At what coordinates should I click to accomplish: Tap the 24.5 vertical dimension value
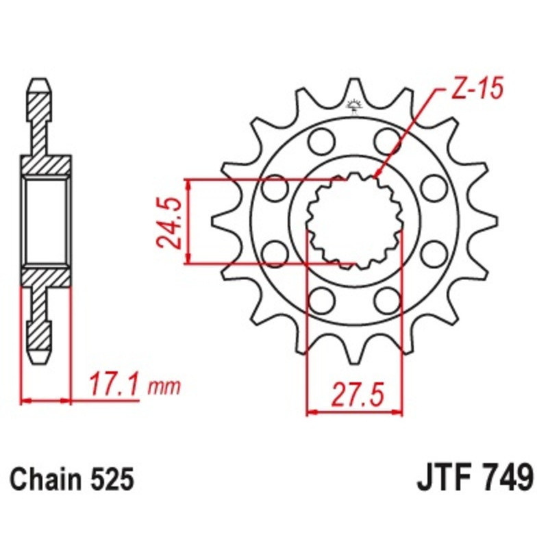[169, 221]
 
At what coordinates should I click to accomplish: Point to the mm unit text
[164, 387]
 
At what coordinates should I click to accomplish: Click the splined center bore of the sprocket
[353, 221]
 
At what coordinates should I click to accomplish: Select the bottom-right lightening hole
[387, 299]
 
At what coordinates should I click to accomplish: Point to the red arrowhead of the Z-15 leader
[378, 175]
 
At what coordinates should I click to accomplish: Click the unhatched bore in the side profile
[47, 221]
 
